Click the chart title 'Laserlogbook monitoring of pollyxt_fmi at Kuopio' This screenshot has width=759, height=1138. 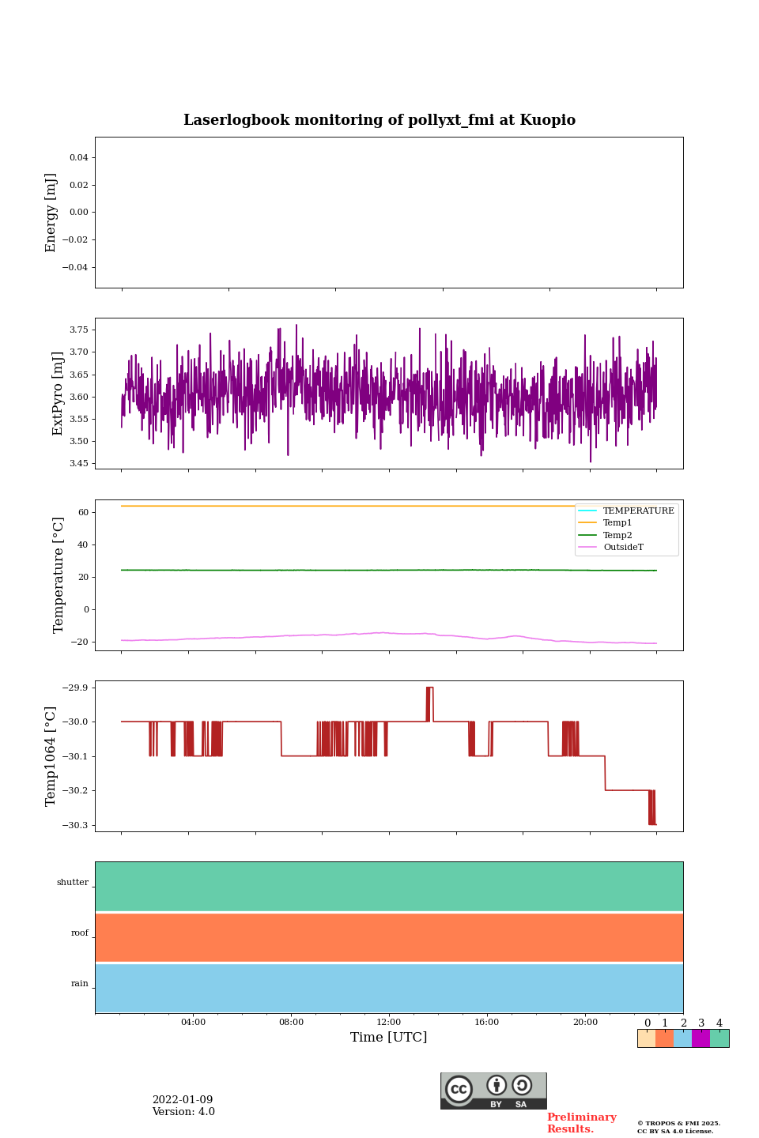click(x=379, y=120)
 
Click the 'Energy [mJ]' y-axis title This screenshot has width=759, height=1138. click(x=51, y=213)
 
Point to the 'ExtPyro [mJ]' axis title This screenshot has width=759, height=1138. click(x=58, y=394)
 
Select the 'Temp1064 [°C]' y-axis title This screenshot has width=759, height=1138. click(x=51, y=756)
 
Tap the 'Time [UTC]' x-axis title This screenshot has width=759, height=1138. click(x=388, y=1037)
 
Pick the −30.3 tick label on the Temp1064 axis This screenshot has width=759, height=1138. click(x=77, y=825)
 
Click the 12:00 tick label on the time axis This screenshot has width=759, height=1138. click(x=388, y=1022)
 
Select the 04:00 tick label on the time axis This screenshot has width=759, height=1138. click(x=193, y=1022)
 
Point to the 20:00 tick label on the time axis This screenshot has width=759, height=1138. click(x=585, y=1022)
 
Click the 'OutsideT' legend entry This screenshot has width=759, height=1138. click(x=623, y=548)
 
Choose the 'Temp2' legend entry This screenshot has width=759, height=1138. click(x=617, y=535)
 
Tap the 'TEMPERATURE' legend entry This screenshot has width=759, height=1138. click(x=638, y=511)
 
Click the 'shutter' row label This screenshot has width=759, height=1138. click(x=73, y=883)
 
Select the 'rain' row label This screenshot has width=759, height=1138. click(x=80, y=984)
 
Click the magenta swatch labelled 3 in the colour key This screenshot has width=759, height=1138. click(x=700, y=1038)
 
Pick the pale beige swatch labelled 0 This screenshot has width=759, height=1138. click(x=646, y=1038)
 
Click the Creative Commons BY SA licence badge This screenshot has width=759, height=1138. click(x=493, y=1091)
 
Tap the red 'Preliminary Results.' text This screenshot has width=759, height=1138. click(x=581, y=1123)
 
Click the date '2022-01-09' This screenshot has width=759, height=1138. click(x=183, y=1100)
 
